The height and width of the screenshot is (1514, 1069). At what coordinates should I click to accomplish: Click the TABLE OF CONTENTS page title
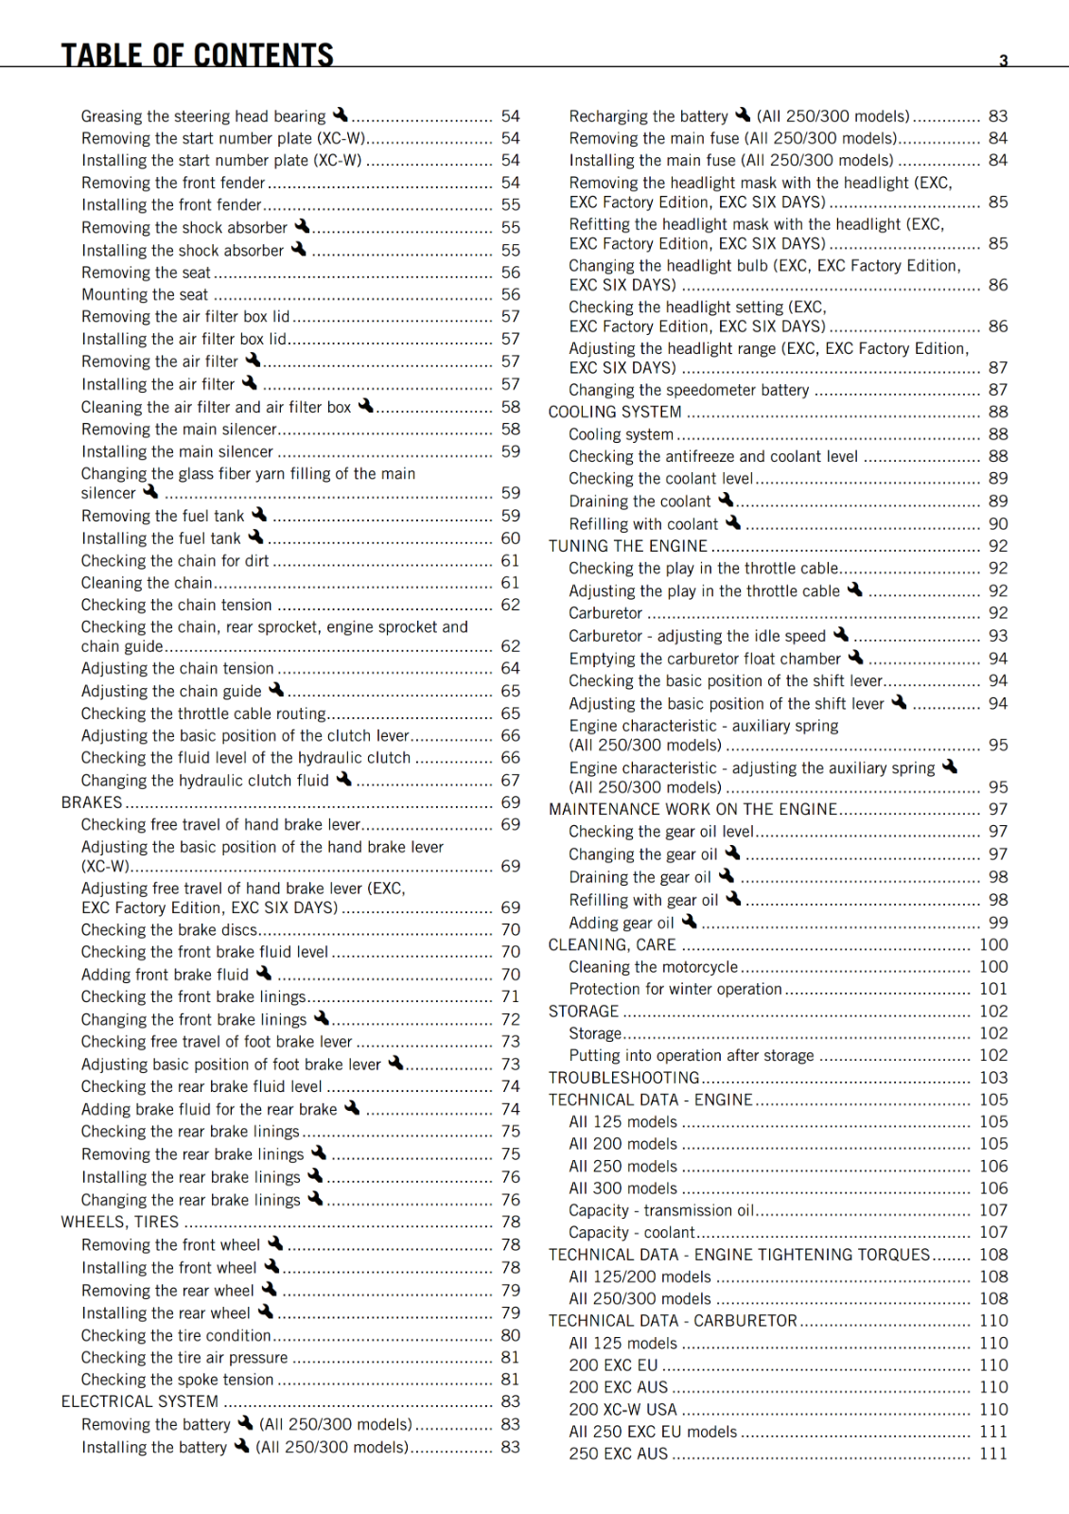click(197, 54)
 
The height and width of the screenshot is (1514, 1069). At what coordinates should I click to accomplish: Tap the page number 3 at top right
click(1004, 61)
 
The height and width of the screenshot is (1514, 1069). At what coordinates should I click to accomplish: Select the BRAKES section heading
click(92, 802)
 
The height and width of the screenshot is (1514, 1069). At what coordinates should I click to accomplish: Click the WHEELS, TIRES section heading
click(120, 1222)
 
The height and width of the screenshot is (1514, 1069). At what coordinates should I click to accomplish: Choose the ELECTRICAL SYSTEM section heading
click(140, 1401)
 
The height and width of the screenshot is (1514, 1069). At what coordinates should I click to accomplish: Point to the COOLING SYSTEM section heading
click(615, 412)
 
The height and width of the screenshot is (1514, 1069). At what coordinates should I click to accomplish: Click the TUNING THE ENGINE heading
click(628, 546)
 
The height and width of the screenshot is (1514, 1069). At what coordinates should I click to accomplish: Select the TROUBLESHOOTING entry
click(624, 1078)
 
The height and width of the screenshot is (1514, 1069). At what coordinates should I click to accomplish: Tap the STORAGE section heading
click(584, 1011)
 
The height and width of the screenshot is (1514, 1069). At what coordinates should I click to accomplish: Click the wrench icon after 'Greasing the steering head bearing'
click(340, 114)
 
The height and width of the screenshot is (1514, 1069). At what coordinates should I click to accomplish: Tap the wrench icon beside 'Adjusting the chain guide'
click(276, 690)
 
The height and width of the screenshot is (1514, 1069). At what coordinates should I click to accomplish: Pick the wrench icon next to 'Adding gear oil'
click(689, 921)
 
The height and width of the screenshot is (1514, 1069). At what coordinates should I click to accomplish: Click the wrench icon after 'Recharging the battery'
click(743, 114)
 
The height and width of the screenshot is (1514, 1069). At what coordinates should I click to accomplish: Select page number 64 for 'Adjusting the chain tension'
click(511, 668)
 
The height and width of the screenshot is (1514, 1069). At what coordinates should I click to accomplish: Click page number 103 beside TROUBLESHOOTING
click(993, 1078)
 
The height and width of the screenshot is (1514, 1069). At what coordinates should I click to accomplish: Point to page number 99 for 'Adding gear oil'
click(998, 923)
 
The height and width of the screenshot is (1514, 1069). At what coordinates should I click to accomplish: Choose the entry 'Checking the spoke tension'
click(177, 1380)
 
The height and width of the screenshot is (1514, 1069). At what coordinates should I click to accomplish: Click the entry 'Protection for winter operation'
click(675, 989)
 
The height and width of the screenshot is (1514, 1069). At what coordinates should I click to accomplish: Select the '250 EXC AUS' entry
click(619, 1453)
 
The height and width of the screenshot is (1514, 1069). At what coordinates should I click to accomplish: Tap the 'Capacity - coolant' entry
click(632, 1232)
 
